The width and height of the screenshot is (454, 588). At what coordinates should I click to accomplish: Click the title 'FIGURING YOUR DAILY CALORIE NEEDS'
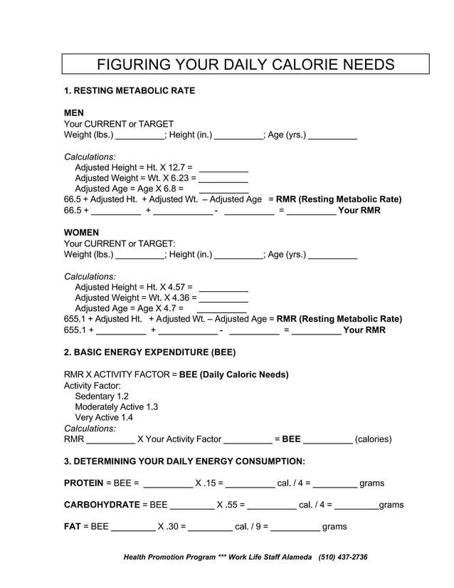245,65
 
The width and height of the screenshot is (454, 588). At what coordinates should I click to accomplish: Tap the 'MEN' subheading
74,112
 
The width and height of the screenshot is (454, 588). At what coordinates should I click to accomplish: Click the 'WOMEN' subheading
81,233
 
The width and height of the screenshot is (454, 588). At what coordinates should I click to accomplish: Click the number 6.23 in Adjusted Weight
183,178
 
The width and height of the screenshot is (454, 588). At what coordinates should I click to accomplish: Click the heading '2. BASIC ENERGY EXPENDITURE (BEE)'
149,352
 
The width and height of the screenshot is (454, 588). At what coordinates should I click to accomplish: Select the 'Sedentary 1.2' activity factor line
102,396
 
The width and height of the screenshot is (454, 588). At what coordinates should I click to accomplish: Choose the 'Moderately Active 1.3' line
117,406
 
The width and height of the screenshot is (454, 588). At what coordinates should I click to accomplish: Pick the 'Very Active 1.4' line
104,417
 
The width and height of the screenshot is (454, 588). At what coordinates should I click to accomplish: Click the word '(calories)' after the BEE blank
373,439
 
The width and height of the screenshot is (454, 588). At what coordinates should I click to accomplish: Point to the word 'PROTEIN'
83,483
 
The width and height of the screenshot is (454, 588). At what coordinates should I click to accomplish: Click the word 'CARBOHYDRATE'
102,505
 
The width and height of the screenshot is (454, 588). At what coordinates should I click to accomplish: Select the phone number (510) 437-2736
343,557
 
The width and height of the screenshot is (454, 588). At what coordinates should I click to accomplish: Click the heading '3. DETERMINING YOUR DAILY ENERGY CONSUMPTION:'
184,461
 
